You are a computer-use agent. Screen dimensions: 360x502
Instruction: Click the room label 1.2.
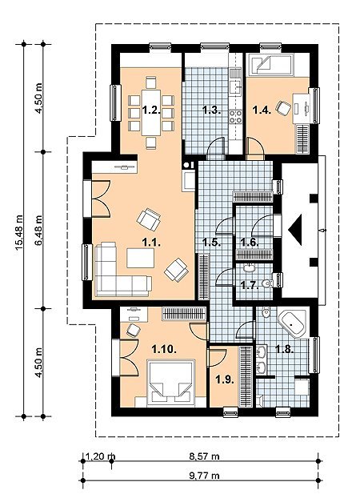pyautogui.click(x=151, y=110)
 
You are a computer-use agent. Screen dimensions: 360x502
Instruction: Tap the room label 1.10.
pyautogui.click(x=164, y=349)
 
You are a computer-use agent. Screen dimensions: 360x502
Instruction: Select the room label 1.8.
pyautogui.click(x=285, y=349)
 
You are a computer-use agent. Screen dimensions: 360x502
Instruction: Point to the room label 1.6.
pyautogui.click(x=250, y=243)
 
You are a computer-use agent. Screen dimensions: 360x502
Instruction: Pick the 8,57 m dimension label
pyautogui.click(x=204, y=456)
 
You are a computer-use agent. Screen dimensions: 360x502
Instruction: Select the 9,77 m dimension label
pyautogui.click(x=204, y=476)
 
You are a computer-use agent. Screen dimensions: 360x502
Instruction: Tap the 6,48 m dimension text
pyautogui.click(x=38, y=230)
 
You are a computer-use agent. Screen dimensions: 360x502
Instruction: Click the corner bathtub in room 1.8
pyautogui.click(x=292, y=323)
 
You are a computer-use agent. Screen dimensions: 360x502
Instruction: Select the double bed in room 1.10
pyautogui.click(x=171, y=382)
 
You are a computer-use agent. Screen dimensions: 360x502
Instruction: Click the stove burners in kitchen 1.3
pyautogui.click(x=235, y=116)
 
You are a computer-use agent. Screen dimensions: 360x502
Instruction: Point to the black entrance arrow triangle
pyautogui.click(x=295, y=230)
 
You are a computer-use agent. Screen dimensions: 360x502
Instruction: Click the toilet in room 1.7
pyautogui.click(x=266, y=283)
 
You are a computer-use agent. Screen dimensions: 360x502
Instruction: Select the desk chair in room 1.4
pyautogui.click(x=283, y=108)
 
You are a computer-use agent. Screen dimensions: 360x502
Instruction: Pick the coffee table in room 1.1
pyautogui.click(x=141, y=258)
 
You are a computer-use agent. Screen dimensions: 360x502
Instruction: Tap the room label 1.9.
pyautogui.click(x=224, y=380)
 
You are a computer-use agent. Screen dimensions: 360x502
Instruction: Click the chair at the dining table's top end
pyautogui.click(x=150, y=82)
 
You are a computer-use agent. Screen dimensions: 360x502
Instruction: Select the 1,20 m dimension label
pyautogui.click(x=101, y=456)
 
